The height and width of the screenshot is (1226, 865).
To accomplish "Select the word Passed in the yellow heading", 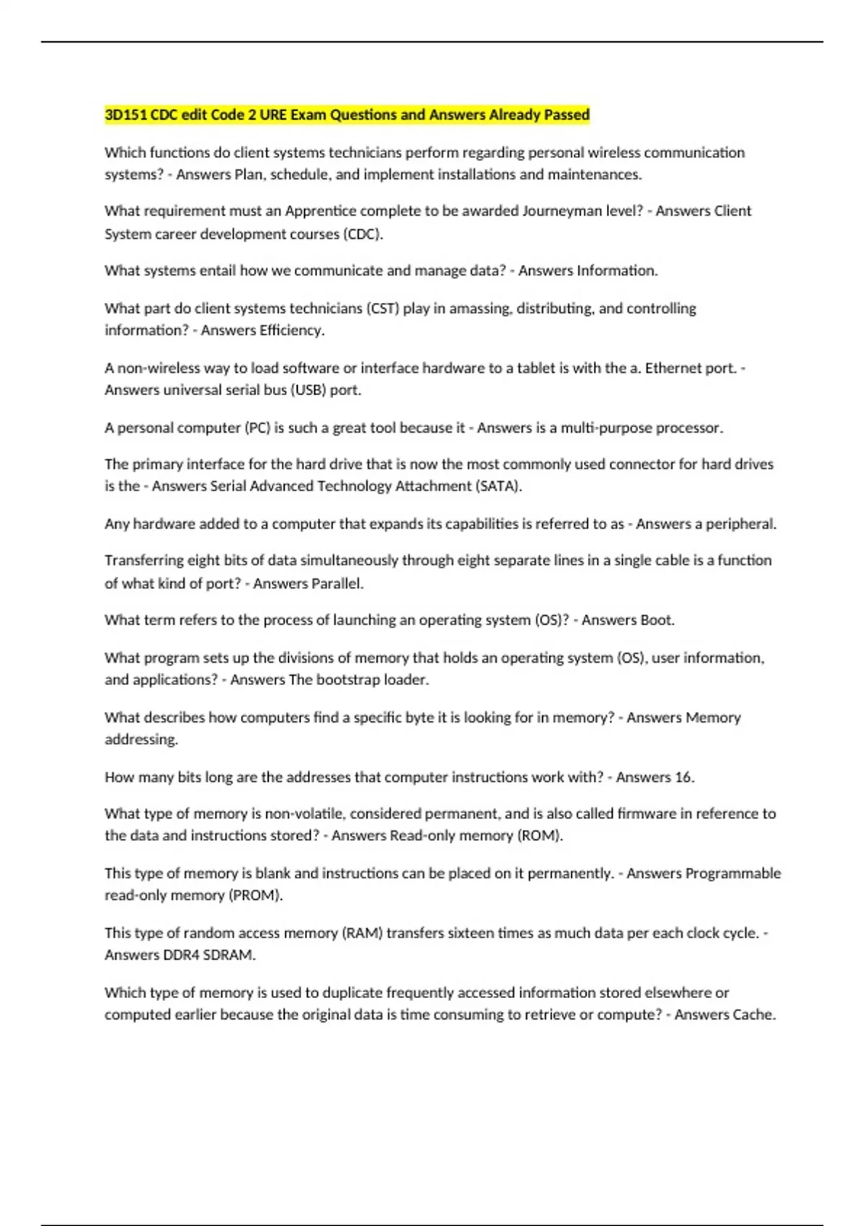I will pos(567,115).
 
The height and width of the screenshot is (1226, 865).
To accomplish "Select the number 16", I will pos(684,777).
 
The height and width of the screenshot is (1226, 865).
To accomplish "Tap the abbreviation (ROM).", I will pos(541,836).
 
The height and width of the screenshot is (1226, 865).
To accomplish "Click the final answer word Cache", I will pos(755,1015).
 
